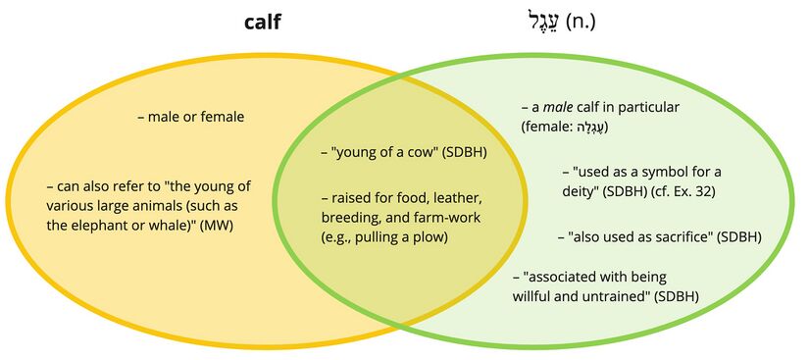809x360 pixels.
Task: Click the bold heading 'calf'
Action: (x=262, y=23)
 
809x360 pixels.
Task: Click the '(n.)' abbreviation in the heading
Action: (x=581, y=23)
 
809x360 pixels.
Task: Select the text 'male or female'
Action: (x=195, y=117)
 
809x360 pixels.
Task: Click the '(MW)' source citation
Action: (x=216, y=226)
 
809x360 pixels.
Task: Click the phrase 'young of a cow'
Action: (x=388, y=153)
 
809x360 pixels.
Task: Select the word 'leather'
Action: (x=456, y=198)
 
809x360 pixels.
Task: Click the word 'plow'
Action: (x=431, y=237)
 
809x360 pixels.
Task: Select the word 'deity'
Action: (x=579, y=192)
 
